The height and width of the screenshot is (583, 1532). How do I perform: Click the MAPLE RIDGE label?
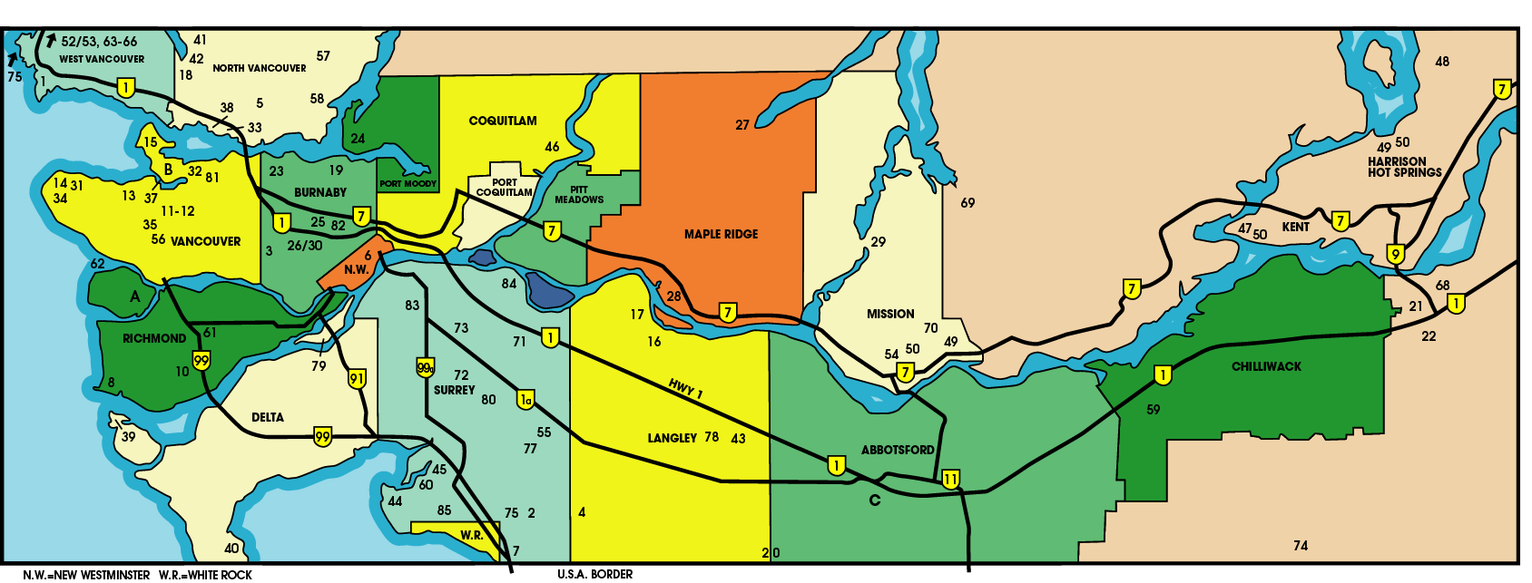721,234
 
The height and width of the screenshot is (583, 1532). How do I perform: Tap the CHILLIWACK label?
1266,366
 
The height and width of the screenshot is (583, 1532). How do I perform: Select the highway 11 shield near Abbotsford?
950,479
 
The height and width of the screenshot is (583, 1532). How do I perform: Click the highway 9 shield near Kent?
1396,254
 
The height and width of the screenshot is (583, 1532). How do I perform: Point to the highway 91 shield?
357,378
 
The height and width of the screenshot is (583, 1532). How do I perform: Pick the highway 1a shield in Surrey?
525,399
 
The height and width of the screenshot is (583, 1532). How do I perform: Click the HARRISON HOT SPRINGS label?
1404,167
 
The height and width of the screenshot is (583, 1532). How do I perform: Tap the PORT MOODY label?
408,184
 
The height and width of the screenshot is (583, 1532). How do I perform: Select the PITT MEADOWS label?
579,195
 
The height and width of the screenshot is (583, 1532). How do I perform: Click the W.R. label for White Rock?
471,535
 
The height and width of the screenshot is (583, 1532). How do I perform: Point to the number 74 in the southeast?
1301,545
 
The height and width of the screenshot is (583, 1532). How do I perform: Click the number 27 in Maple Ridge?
741,125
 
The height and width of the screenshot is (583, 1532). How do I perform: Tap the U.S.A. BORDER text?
594,574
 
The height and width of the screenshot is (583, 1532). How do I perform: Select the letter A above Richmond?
135,296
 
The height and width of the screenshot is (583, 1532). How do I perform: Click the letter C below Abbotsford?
875,500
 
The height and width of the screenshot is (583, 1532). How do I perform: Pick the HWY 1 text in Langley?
685,388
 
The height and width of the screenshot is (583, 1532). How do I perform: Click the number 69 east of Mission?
967,203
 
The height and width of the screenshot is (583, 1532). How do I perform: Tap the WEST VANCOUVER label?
102,59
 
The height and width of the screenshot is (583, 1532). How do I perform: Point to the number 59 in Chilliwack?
1153,410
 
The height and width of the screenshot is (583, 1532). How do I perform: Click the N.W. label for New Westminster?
356,269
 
